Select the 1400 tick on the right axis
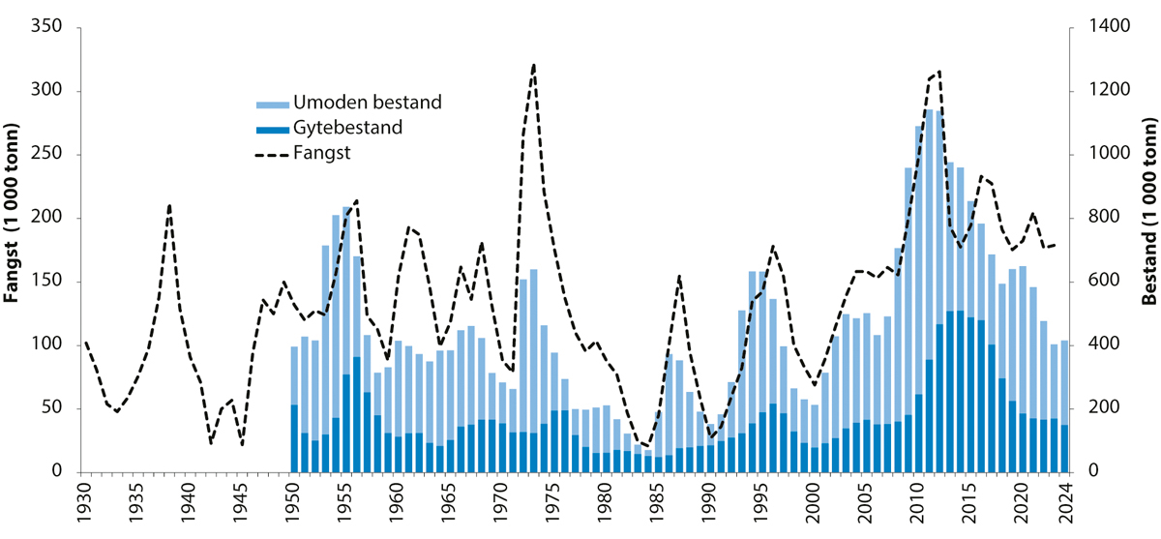[x=1099, y=28]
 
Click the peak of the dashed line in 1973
[x=534, y=65]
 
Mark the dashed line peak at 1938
[x=169, y=205]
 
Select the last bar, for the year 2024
[x=1064, y=406]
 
